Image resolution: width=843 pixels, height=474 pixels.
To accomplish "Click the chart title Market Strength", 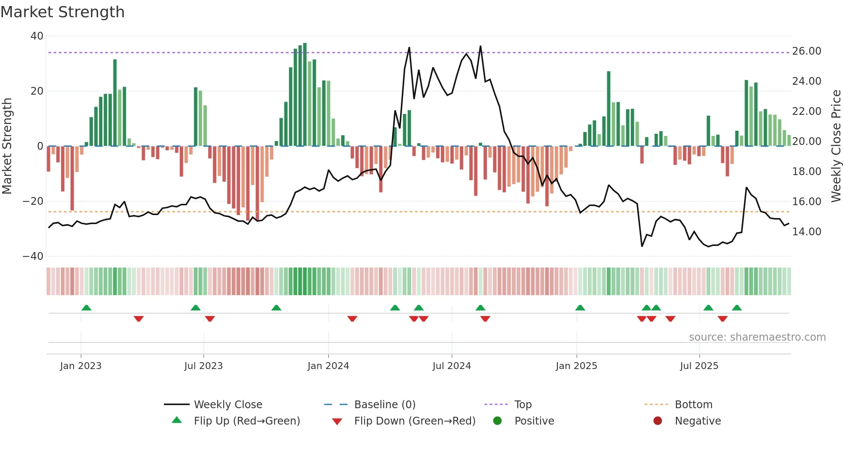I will point(62,12).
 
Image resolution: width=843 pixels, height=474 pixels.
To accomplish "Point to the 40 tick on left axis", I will point(37,36).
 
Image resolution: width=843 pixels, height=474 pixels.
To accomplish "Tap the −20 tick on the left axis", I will point(33,201).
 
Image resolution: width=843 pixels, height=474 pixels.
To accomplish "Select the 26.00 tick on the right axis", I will point(806,51).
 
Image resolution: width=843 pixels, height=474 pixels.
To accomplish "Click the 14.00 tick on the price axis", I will point(806,232).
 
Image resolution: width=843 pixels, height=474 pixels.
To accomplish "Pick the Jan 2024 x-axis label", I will point(328,366).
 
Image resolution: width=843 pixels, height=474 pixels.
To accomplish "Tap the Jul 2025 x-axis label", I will point(699,366).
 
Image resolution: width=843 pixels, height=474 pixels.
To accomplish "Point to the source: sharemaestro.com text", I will point(757,337).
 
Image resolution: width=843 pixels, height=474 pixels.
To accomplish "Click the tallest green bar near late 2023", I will point(305,95).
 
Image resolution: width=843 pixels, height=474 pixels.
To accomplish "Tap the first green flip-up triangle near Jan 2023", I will point(86,308).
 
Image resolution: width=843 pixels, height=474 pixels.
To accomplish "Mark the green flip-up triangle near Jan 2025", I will point(580,308).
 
